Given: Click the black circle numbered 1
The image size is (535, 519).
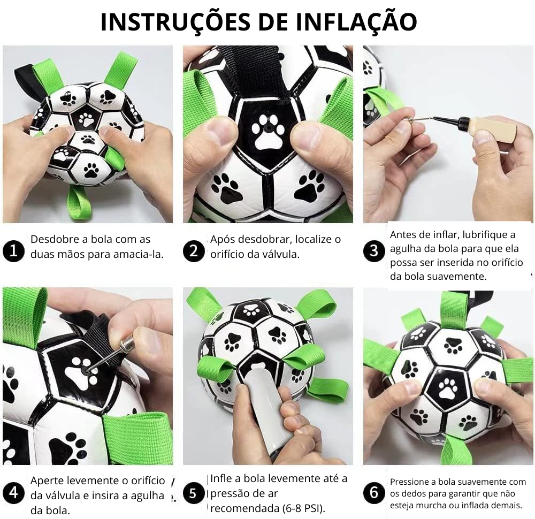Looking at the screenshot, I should (12, 251).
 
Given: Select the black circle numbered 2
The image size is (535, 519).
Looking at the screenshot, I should (193, 251).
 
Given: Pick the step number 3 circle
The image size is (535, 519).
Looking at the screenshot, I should (374, 251).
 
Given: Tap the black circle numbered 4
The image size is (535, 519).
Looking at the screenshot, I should (12, 493).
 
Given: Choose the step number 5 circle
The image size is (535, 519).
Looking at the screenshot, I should (193, 493).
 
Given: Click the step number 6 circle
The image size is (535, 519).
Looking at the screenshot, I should (374, 493).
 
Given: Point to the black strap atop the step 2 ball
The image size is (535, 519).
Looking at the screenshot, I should (254, 70).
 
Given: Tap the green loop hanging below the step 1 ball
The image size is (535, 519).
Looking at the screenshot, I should (79, 203).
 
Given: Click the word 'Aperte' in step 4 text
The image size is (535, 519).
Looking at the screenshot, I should (46, 480).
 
